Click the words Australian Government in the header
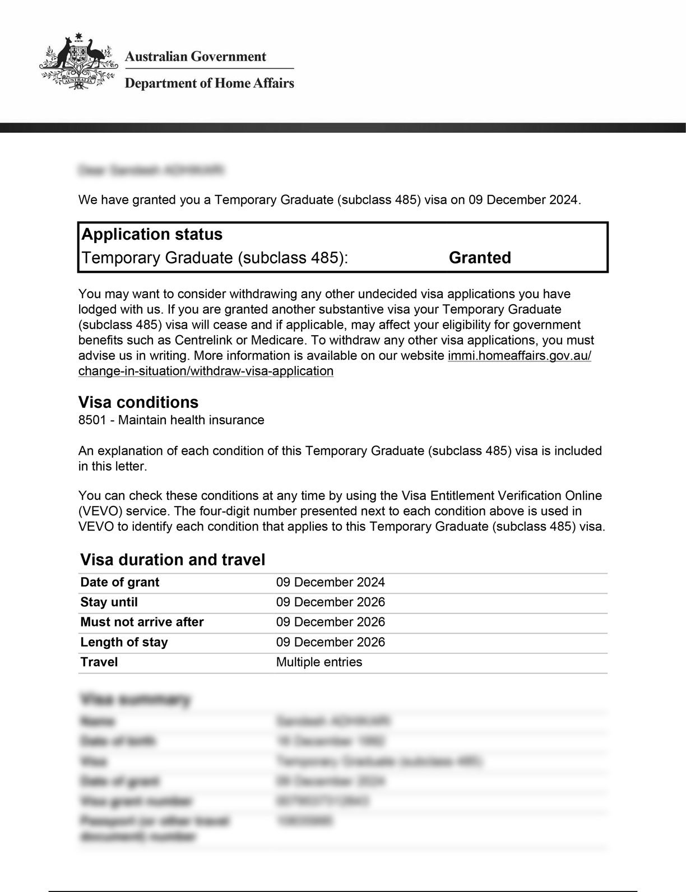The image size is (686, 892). [x=195, y=57]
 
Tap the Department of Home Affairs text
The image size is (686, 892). [x=209, y=83]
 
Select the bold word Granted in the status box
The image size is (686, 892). [x=480, y=258]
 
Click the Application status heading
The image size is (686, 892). [x=152, y=234]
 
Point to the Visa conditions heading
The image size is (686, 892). [x=138, y=402]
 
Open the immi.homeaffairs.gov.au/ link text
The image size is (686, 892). [x=520, y=356]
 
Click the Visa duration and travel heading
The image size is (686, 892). [x=173, y=560]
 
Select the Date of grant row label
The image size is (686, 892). [x=120, y=582]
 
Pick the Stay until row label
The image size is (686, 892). [x=109, y=602]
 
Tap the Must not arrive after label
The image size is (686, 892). [x=142, y=622]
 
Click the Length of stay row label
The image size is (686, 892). [x=124, y=642]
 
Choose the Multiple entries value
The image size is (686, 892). [x=319, y=662]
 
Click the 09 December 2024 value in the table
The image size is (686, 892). [x=330, y=582]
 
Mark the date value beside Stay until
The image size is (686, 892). [x=330, y=602]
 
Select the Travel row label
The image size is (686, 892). [x=99, y=662]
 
